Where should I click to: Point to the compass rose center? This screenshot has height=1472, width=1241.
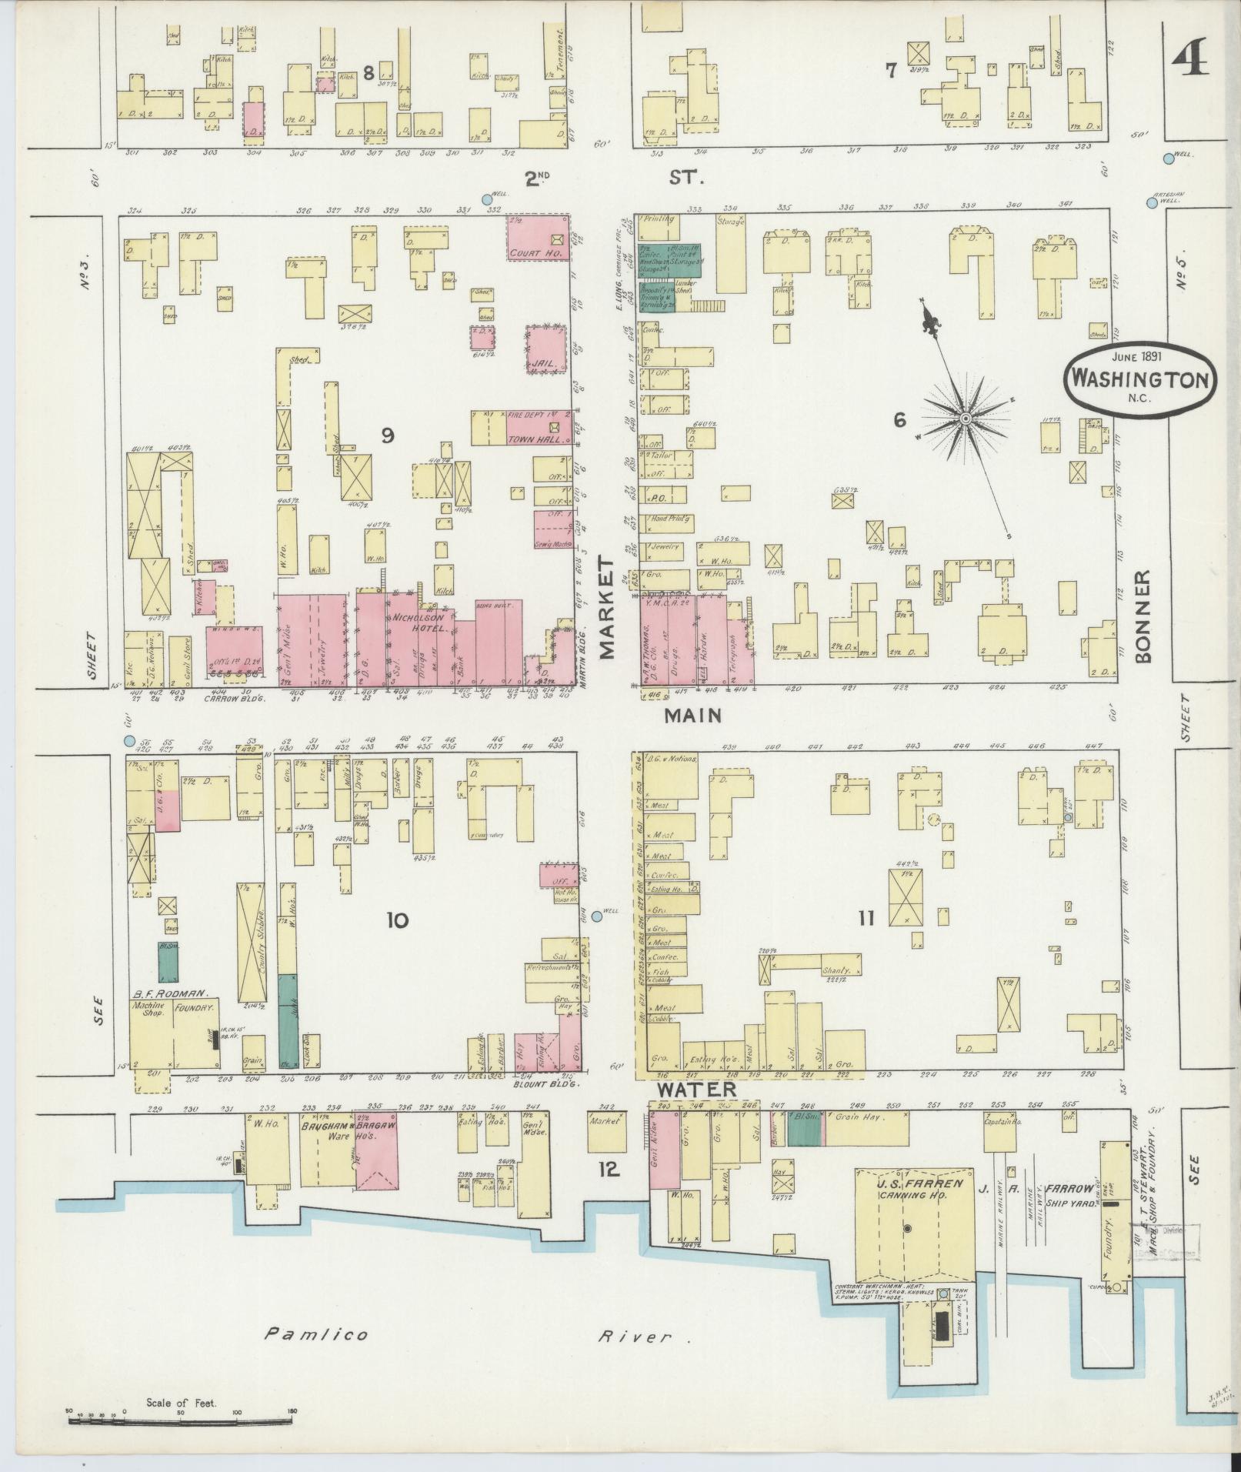(965, 418)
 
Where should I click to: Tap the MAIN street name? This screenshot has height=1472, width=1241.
(692, 716)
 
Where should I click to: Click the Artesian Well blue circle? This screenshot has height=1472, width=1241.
(1151, 203)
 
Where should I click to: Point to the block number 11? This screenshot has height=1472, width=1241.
(866, 918)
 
